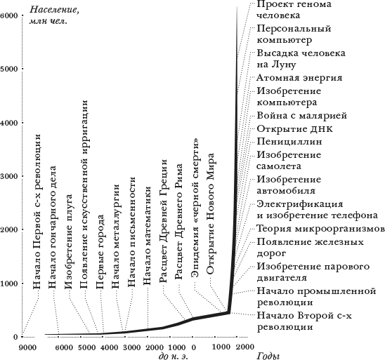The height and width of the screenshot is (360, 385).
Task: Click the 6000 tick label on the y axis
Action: click(x=9, y=15)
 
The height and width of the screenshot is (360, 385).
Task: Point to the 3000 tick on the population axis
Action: click(x=9, y=176)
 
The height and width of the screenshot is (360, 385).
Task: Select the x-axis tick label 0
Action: click(x=193, y=347)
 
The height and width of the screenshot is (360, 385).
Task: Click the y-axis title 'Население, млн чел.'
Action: click(x=54, y=15)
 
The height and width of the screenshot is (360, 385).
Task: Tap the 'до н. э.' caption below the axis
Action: click(x=174, y=356)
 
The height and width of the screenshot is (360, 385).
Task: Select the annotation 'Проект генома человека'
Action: click(x=294, y=10)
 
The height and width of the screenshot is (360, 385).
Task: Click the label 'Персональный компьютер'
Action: click(x=294, y=34)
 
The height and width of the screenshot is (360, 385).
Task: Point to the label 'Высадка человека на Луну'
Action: click(x=301, y=59)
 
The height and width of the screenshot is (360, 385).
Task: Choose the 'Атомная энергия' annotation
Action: click(x=299, y=77)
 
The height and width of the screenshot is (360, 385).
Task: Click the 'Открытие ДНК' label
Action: click(x=294, y=128)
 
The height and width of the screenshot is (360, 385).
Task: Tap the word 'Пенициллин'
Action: click(x=289, y=142)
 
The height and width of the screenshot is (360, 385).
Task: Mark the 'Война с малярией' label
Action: click(x=302, y=116)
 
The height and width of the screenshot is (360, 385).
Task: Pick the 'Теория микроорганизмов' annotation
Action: click(x=320, y=229)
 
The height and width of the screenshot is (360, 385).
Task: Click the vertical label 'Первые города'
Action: click(x=100, y=252)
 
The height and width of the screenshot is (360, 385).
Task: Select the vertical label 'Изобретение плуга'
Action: click(x=69, y=241)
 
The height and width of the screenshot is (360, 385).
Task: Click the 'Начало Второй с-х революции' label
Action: click(x=304, y=321)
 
